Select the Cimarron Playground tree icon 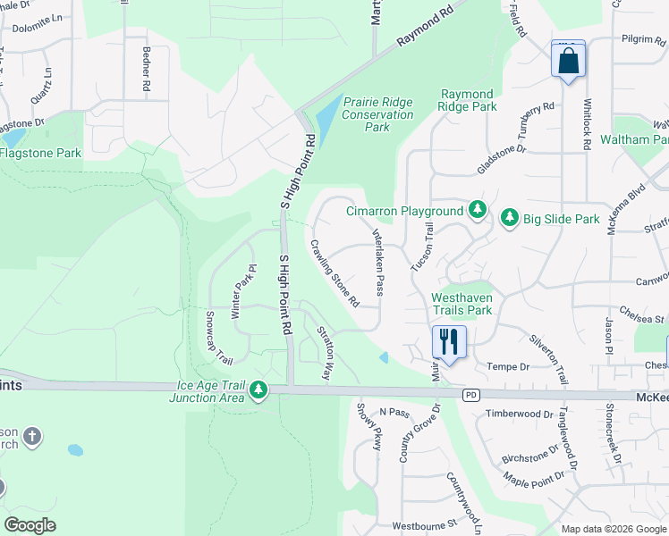pos(478,210)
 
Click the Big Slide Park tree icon pos(510,217)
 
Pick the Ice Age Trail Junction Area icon pos(258,389)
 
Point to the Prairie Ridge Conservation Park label pos(377,114)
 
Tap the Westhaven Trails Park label pos(462,304)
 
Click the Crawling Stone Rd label pos(334,272)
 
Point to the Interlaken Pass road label pos(378,260)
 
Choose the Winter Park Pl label pos(239,290)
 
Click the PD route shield pos(469,394)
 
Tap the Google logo pos(30,524)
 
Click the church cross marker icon pos(31,437)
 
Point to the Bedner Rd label pos(144,71)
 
